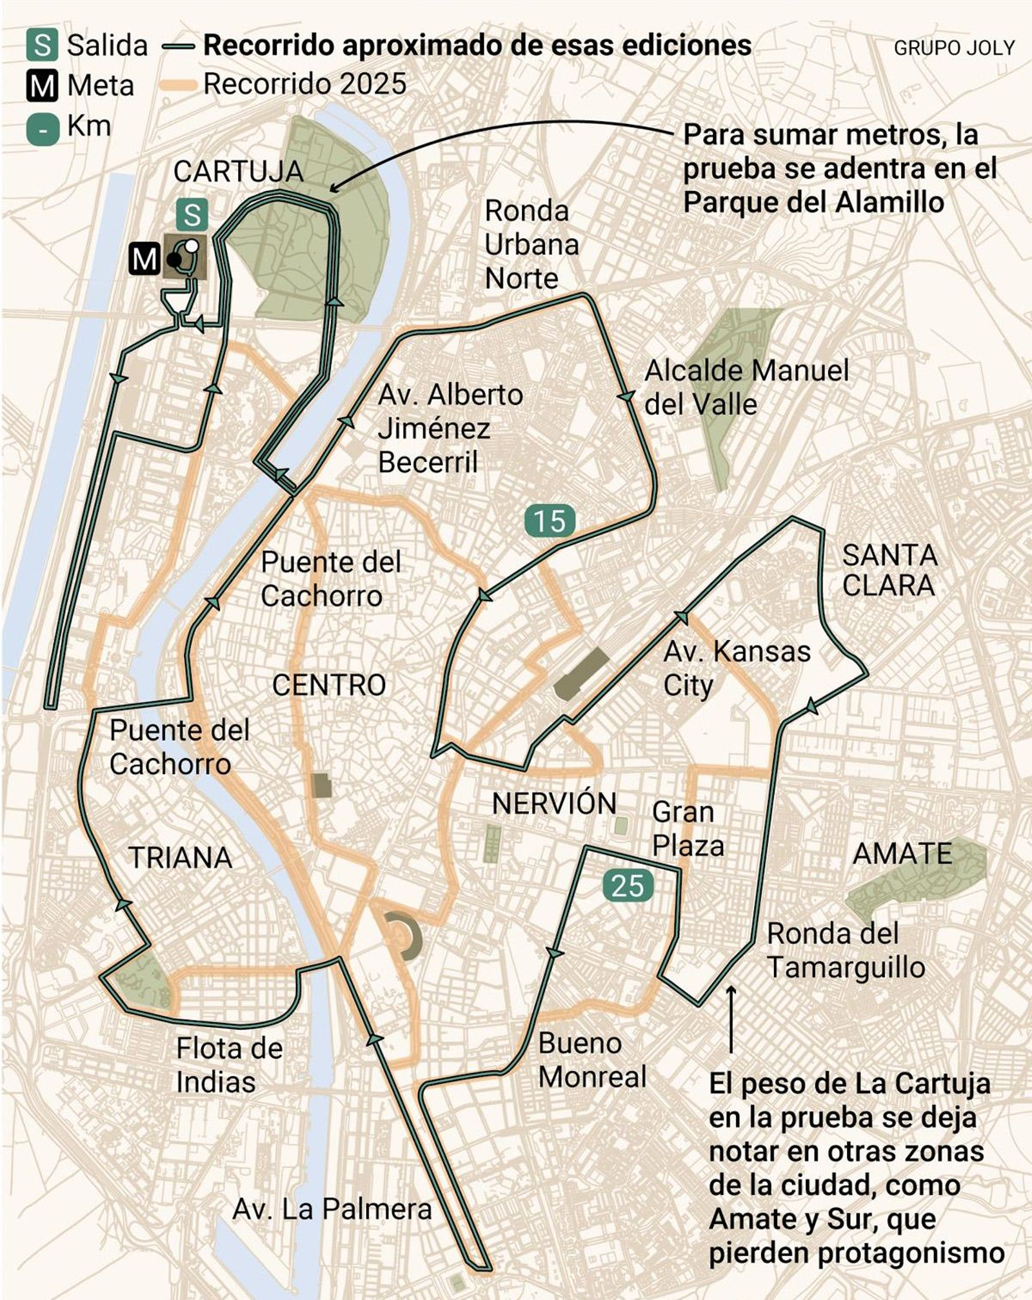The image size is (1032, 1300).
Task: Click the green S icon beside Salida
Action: pos(42,45)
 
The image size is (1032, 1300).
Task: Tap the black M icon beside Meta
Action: pos(42,86)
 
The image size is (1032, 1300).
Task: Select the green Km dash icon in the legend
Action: pos(42,128)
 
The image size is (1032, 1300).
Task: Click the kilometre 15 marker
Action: pos(550,521)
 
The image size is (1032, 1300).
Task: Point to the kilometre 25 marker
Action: pos(628,886)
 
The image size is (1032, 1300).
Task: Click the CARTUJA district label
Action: pos(238,172)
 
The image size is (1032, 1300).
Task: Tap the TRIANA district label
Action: pos(181,858)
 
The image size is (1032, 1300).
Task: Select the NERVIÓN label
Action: pos(554,804)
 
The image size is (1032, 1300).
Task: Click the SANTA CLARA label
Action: pos(889,570)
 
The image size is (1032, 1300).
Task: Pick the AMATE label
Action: pos(902,854)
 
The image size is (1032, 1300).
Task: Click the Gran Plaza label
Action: pos(688,829)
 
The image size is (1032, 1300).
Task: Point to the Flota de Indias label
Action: pos(229,1065)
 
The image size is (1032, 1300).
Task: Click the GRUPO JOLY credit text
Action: pos(954,48)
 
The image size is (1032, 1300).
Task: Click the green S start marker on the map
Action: pos(192,215)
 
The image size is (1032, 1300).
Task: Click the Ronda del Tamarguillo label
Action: pos(846,950)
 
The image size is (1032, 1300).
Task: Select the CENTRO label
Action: pos(329,685)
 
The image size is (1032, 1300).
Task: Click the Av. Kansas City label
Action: pos(737,668)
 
